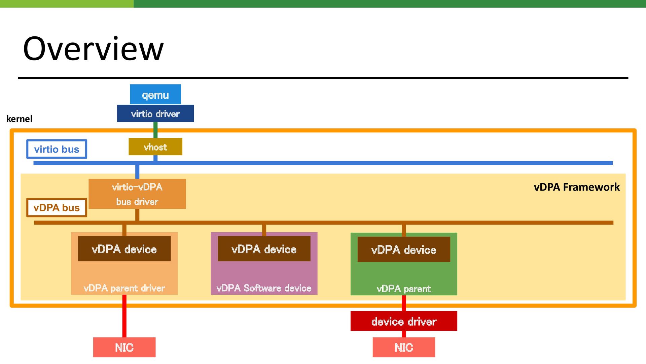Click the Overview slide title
pos(93,49)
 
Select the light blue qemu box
pos(155,94)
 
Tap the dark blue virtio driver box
pos(155,113)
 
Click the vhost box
pos(155,147)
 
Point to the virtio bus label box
pos(57,149)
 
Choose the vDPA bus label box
pos(57,207)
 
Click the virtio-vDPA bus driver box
pos(137,194)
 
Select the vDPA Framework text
pos(577,187)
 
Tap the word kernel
pos(20,119)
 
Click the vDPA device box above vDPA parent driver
pos(124,249)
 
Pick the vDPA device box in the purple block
pos(264,249)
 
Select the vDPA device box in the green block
pos(404,250)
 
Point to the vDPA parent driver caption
pos(124,288)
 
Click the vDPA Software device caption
pos(264,288)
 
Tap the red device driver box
pos(404,321)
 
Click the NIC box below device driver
pos(404,348)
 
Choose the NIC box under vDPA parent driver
pos(124,348)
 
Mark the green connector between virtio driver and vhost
pos(155,130)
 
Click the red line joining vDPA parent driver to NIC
pos(124,316)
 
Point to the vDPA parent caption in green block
pos(404,289)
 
